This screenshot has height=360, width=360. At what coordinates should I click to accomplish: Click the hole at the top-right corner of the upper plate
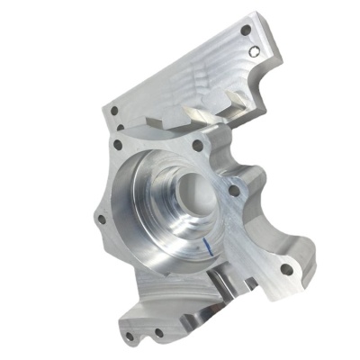click(x=246, y=31)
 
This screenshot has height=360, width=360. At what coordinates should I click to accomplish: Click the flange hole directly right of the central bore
click(x=234, y=190)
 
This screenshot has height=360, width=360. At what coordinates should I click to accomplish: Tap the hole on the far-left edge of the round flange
click(x=102, y=219)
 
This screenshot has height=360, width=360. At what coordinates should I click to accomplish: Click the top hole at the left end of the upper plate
click(x=114, y=112)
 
